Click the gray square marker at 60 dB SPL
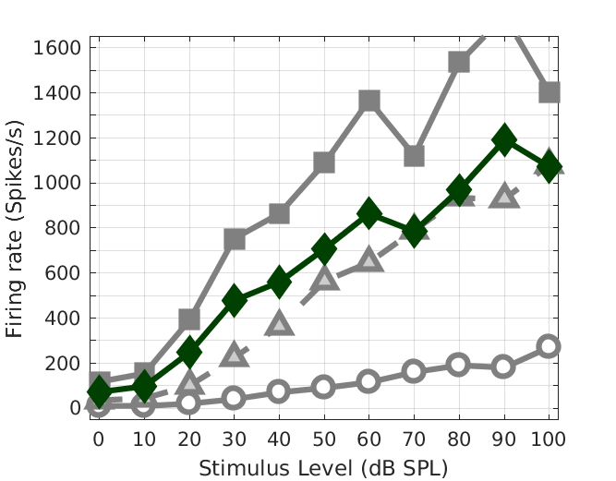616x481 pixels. tap(369, 101)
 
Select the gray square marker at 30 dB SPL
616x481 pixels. tap(235, 239)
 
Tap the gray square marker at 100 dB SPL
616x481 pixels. tap(550, 92)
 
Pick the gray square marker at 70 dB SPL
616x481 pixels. tap(414, 156)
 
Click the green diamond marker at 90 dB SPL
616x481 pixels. tap(504, 140)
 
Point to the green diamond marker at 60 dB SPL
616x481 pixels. tap(369, 213)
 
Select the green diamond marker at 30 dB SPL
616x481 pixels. tap(235, 300)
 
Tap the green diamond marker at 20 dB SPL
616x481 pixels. tap(189, 352)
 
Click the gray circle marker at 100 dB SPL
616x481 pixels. tap(550, 346)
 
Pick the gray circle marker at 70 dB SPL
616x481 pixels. tap(414, 371)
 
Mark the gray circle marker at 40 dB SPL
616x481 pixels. tap(279, 391)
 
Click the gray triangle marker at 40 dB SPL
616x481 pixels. tap(279, 323)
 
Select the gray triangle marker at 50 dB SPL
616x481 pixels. tap(324, 278)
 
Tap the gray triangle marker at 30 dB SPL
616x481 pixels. tap(235, 355)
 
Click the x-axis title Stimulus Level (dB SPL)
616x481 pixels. tap(323, 467)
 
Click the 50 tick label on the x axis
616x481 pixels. tap(324, 439)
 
